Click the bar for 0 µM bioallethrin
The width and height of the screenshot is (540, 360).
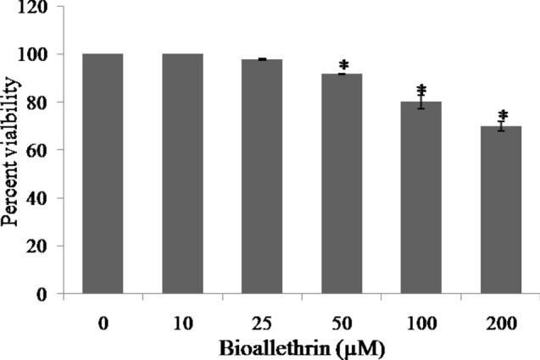(x=103, y=174)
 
